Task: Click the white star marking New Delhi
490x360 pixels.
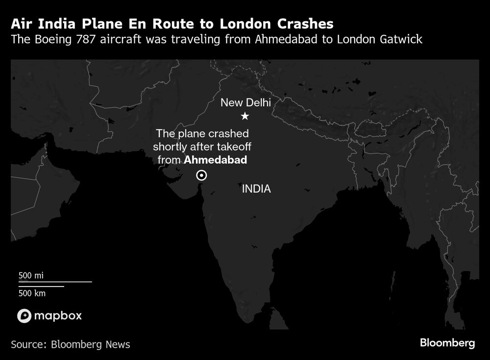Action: (245, 116)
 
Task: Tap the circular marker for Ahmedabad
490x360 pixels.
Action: (201, 175)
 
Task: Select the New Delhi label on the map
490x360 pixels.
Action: (245, 103)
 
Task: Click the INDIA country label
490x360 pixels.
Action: (256, 189)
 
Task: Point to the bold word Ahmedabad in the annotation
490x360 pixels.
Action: (215, 160)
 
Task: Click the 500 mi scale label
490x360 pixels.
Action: (31, 275)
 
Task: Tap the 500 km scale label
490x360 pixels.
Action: (32, 293)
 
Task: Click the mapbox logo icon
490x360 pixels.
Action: (24, 316)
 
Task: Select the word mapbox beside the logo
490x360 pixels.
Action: (58, 316)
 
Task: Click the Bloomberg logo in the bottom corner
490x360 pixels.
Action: (447, 343)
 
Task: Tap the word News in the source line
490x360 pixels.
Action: (118, 344)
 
